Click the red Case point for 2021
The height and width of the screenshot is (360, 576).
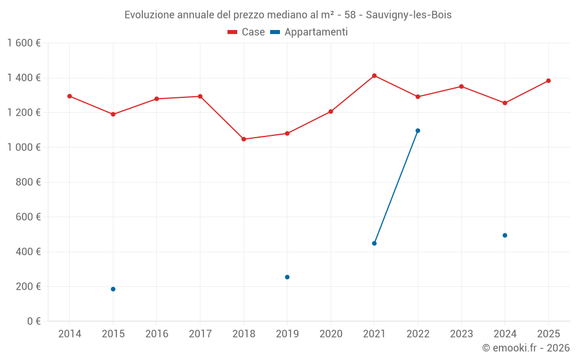tap(374, 75)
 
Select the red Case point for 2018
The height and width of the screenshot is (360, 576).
tap(244, 139)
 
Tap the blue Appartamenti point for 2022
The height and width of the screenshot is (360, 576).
tap(418, 131)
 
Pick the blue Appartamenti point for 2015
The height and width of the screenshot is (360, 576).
tap(113, 289)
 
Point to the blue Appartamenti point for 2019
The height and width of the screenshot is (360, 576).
tap(287, 277)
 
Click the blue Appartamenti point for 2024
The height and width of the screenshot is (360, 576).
tap(505, 235)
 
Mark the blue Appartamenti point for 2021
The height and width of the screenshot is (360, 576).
tap(374, 243)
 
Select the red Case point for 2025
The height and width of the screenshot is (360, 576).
tap(548, 81)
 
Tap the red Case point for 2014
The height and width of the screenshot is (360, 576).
tap(70, 96)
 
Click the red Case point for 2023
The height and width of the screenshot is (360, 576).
tap(461, 86)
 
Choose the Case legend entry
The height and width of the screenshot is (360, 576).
tap(247, 32)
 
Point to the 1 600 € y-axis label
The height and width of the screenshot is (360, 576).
tap(24, 43)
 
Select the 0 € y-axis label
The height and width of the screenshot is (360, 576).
tap(33, 321)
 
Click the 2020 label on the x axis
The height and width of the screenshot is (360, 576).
tap(331, 334)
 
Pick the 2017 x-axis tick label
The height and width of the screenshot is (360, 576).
tap(200, 334)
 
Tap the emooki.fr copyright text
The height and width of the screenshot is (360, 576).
tap(526, 348)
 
